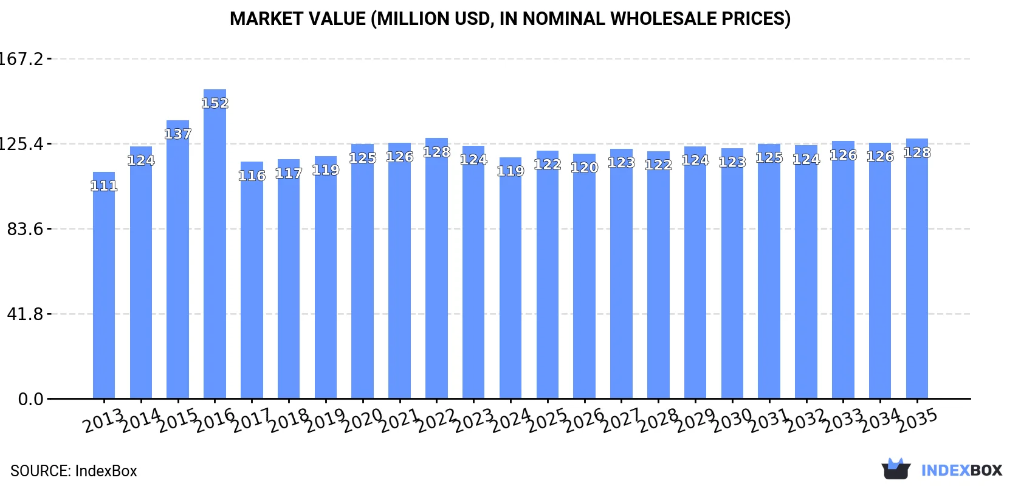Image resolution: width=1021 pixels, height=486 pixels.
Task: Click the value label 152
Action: [215, 103]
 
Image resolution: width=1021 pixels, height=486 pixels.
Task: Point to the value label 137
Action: [177, 134]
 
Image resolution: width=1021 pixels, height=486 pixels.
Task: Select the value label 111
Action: [104, 186]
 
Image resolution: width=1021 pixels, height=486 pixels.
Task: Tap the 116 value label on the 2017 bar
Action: [252, 176]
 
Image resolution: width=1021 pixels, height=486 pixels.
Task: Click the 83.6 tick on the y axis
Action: [26, 229]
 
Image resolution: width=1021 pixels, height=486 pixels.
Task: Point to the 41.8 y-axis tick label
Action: [26, 314]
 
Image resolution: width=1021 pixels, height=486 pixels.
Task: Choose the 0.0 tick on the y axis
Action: [31, 399]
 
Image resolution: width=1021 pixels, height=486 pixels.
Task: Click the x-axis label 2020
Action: [362, 420]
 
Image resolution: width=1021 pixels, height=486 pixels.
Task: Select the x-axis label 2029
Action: [695, 420]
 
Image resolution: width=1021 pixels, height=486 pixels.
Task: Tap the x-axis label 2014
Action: [140, 420]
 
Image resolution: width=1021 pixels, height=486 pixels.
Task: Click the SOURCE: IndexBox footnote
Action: [74, 471]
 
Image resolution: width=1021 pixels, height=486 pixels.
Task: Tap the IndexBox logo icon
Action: [896, 469]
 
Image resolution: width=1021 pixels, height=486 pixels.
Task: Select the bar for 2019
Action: [326, 279]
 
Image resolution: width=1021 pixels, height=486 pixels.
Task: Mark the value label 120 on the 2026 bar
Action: [584, 168]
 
